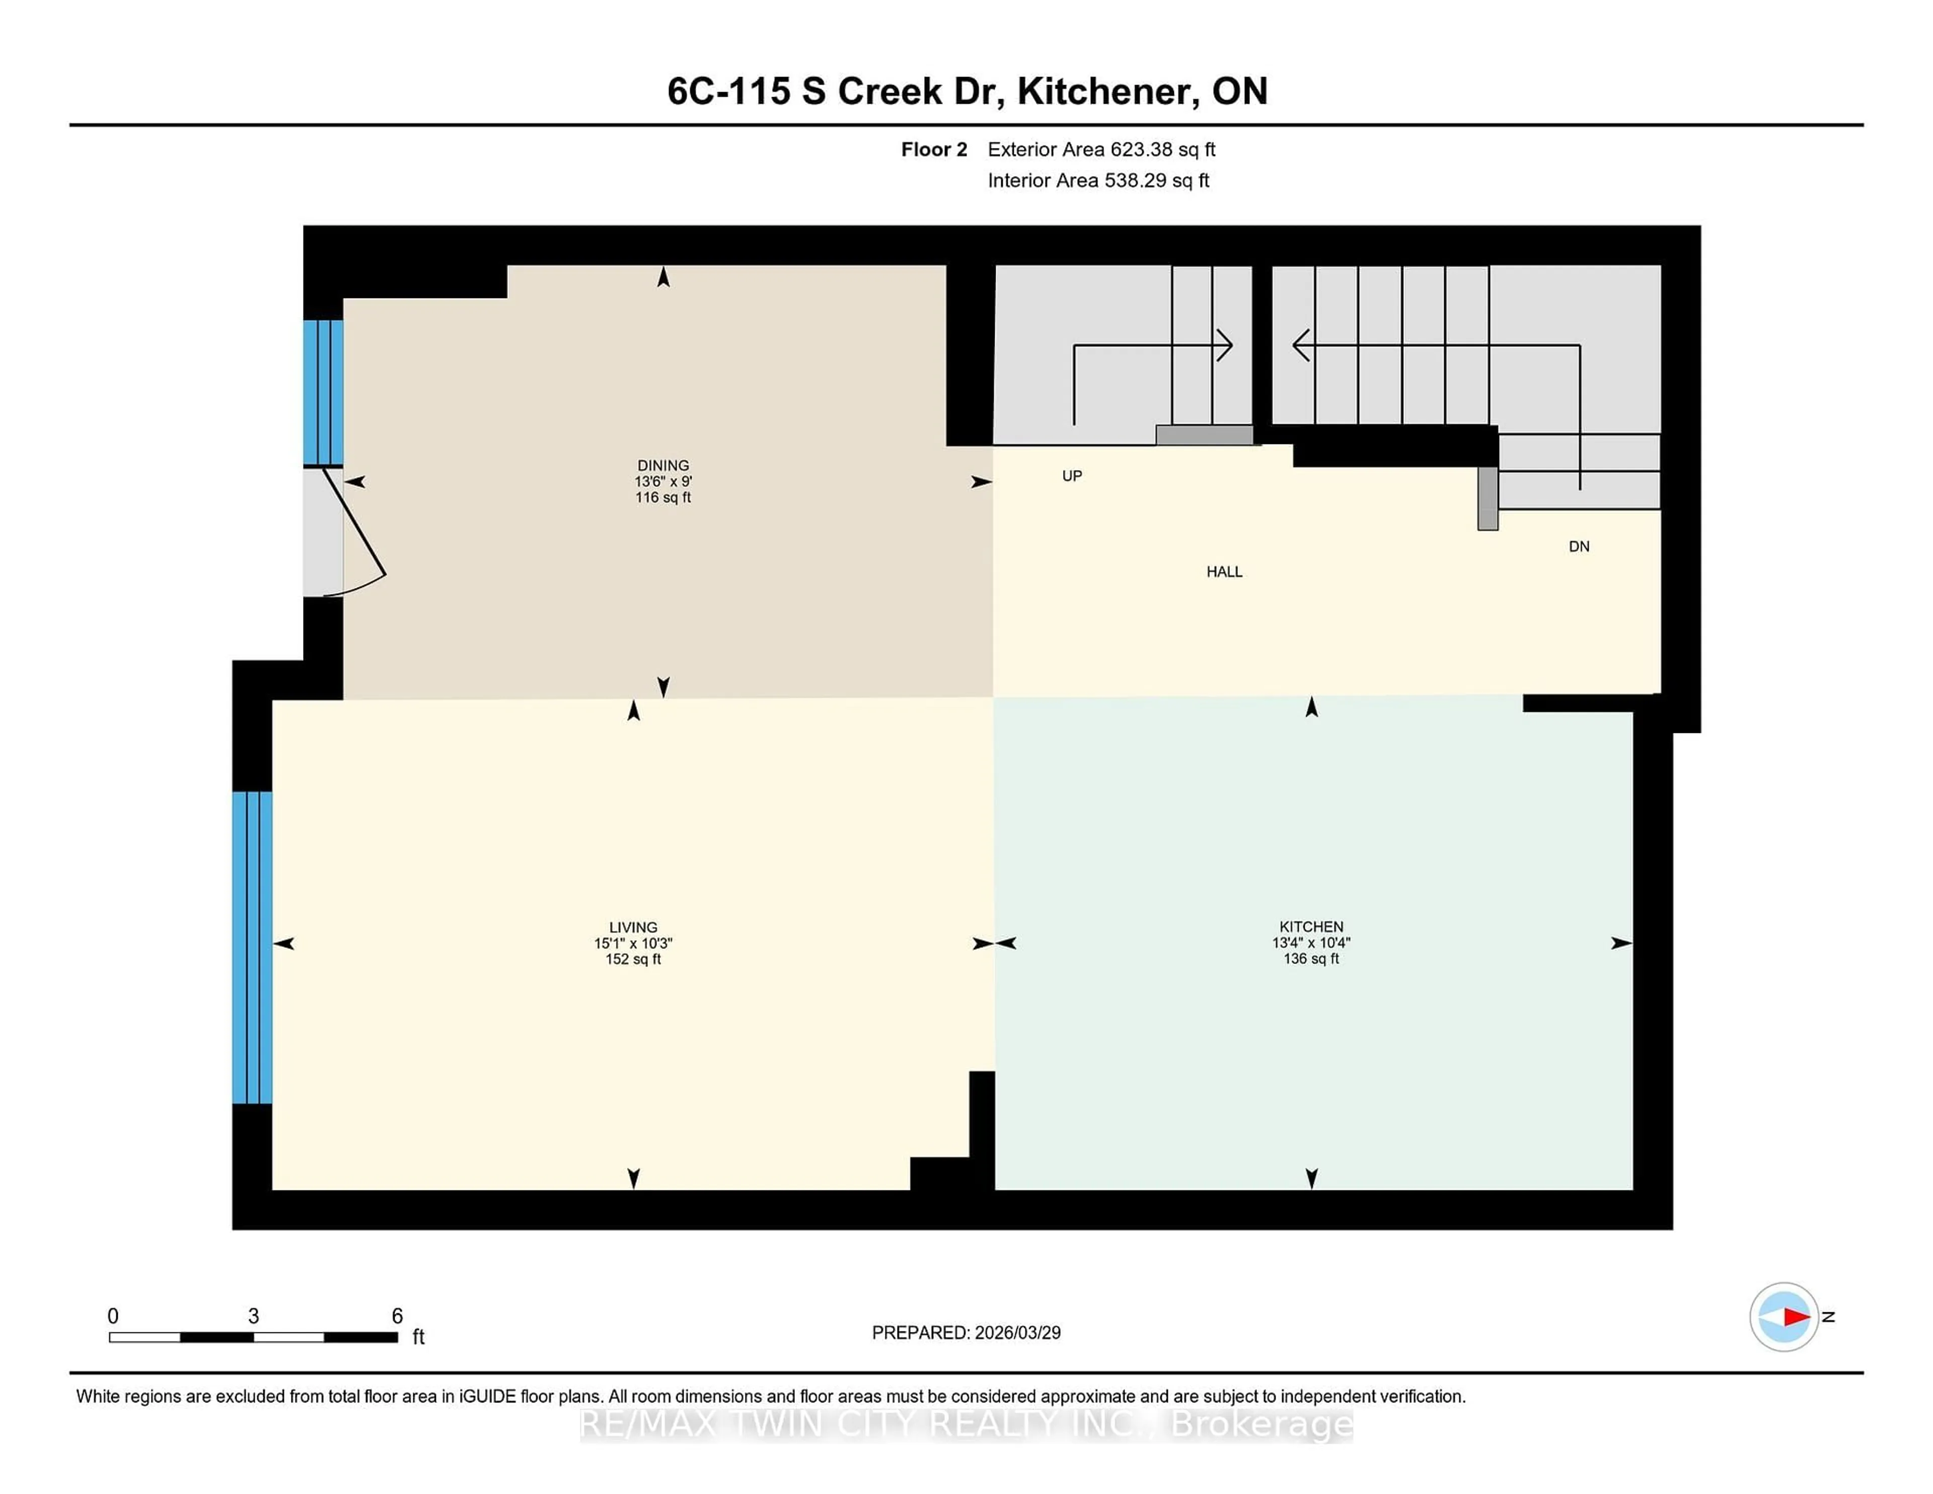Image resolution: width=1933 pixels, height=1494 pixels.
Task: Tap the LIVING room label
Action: pyautogui.click(x=633, y=927)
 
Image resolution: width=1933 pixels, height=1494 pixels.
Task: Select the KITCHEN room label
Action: pyautogui.click(x=1311, y=927)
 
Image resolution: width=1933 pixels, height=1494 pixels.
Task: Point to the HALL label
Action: pyautogui.click(x=1224, y=572)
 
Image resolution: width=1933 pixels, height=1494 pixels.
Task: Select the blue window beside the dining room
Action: pyautogui.click(x=323, y=392)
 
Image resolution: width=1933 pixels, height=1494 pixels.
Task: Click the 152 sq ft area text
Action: pyautogui.click(x=633, y=959)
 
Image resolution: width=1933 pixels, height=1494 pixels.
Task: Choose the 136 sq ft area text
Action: pyautogui.click(x=1311, y=958)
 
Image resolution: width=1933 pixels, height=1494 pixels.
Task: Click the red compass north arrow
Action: pyautogui.click(x=1795, y=1317)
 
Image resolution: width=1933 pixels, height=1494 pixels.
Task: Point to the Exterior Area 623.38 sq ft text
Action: pyautogui.click(x=1101, y=150)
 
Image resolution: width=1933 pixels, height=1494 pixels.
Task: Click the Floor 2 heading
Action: pyautogui.click(x=934, y=150)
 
